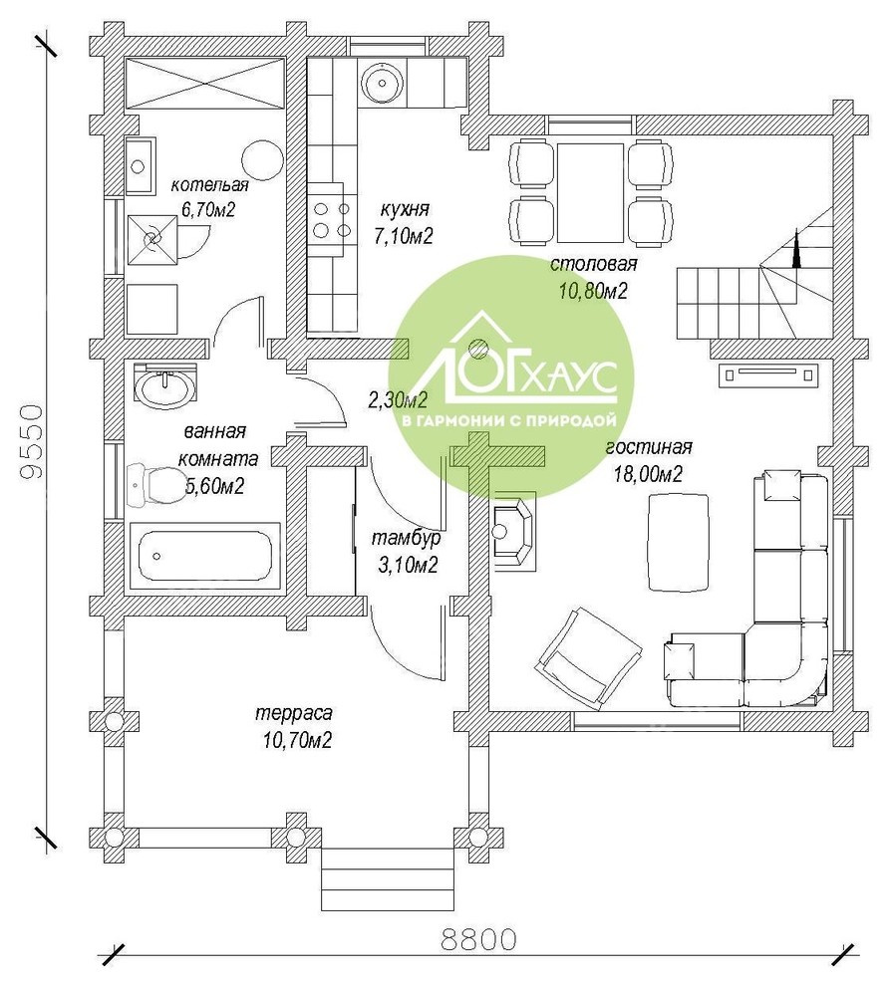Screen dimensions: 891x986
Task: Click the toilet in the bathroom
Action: [x=152, y=485]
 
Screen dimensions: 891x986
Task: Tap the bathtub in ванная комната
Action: [x=203, y=556]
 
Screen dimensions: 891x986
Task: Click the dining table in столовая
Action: [x=590, y=192]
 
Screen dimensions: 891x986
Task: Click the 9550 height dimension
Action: [x=31, y=441]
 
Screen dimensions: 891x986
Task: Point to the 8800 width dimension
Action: [x=478, y=939]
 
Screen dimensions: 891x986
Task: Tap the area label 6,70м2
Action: [x=208, y=209]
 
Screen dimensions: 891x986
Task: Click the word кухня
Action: [x=405, y=209]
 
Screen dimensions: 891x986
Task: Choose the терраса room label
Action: [x=294, y=714]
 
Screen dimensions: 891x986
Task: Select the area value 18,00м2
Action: [x=648, y=473]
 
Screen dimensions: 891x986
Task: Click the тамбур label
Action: [x=406, y=539]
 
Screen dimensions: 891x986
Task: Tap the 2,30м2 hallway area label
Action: [x=398, y=399]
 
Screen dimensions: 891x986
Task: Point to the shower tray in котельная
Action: [x=151, y=241]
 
